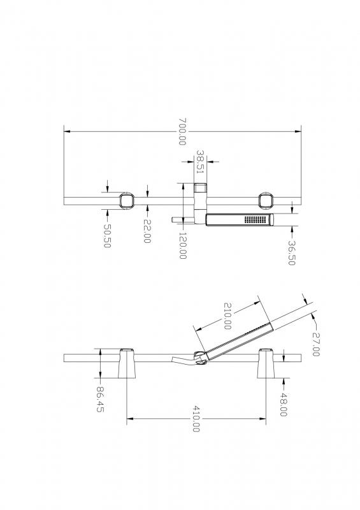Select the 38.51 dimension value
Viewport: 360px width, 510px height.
coord(201,161)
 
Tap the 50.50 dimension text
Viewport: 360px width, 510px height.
coord(107,236)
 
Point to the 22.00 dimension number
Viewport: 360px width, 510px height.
coord(147,231)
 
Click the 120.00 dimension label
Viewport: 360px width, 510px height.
coord(182,245)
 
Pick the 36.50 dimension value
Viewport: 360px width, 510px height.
coord(292,252)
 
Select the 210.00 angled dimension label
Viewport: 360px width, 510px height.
coord(227,316)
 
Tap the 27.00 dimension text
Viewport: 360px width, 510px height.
coord(315,344)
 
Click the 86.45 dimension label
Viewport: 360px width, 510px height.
coord(100,399)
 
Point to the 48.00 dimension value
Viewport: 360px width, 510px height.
coord(284,404)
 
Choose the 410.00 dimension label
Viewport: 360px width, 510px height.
coord(196,419)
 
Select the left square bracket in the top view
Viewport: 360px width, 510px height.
coord(127,201)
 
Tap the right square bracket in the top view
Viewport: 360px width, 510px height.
coord(266,201)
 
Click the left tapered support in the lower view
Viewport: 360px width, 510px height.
coord(127,363)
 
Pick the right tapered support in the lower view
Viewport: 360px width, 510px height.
coord(266,363)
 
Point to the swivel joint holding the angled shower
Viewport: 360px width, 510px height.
coord(200,358)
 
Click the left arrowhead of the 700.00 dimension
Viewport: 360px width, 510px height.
coord(67,131)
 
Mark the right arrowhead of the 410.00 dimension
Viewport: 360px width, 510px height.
coord(263,419)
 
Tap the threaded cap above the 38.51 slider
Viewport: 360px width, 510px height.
coord(201,188)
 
